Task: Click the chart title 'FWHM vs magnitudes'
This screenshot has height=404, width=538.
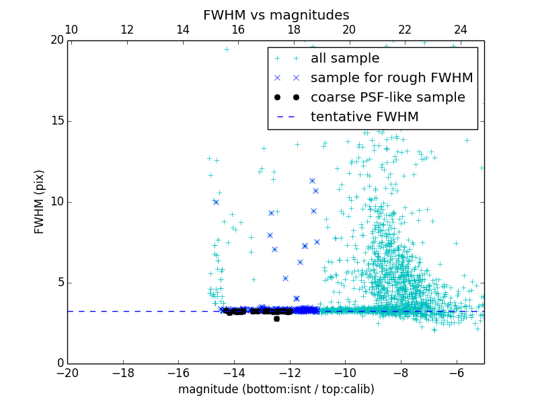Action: [x=276, y=15]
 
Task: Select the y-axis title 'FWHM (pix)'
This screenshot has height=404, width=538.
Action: [x=40, y=201]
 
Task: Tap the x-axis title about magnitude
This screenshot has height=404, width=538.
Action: [x=276, y=389]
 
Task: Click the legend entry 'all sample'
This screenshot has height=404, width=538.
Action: [x=345, y=59]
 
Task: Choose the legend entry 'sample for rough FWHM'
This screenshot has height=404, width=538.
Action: [x=391, y=78]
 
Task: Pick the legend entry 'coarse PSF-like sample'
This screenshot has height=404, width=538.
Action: [x=387, y=98]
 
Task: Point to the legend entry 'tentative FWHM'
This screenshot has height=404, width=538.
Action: [x=364, y=117]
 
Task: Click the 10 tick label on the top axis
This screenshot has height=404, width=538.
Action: [x=71, y=30]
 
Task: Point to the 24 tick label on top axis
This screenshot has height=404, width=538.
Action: [x=461, y=30]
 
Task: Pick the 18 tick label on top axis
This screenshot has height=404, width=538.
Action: [x=294, y=30]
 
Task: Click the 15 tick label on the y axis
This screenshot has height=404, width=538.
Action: [x=56, y=121]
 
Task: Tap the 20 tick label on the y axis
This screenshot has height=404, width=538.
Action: [x=56, y=40]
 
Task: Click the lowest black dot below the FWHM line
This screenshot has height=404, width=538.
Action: [x=276, y=318]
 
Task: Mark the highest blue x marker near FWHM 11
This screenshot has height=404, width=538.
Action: [x=312, y=180]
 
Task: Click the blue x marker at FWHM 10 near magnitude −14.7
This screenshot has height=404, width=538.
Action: [x=216, y=202]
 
